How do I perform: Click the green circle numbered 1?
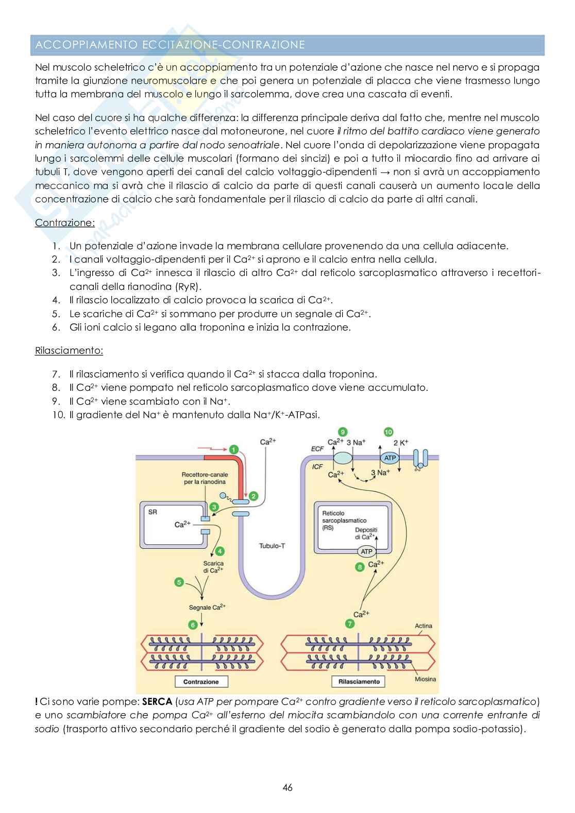coord(234,449)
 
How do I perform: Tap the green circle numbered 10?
coord(388,431)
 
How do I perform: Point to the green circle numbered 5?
coord(179,582)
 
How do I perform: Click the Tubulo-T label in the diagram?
coord(272,546)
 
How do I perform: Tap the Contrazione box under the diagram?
coord(201,682)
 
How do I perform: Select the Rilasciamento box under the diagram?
coord(359,682)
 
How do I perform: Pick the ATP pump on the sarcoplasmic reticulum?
coord(366,551)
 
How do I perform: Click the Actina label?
coord(424,626)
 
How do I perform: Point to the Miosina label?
coord(425,679)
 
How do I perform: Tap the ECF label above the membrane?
coord(317,448)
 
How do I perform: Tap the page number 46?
coord(287,787)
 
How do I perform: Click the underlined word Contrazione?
coord(65,223)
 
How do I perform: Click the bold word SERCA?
coord(158,701)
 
